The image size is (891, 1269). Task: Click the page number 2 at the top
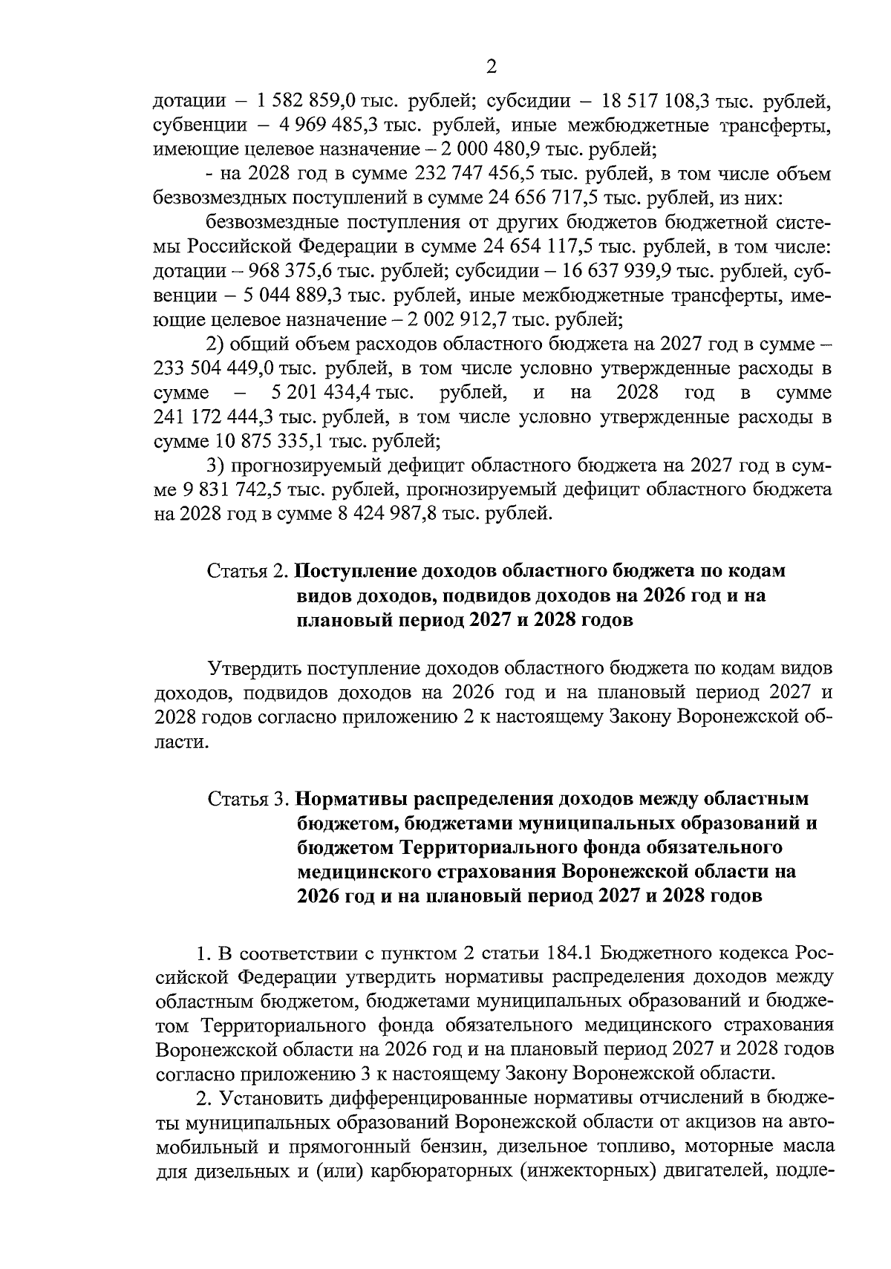point(490,68)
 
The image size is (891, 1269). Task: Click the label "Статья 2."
point(248,572)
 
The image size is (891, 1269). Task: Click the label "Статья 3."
point(248,800)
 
